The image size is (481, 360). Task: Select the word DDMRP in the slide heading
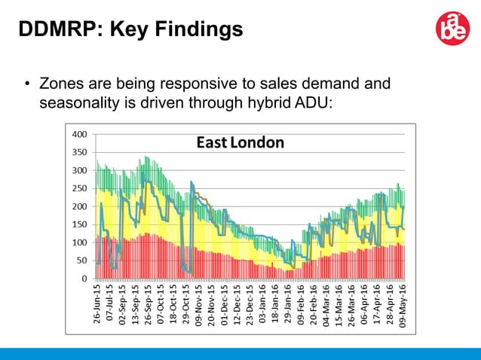tap(57, 29)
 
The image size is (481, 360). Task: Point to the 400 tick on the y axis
tap(79, 134)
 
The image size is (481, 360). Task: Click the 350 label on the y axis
tap(79, 152)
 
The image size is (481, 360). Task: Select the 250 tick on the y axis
tap(79, 188)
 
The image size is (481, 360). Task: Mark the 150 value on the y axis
tap(79, 224)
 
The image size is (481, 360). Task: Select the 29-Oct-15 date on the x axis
tap(185, 304)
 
